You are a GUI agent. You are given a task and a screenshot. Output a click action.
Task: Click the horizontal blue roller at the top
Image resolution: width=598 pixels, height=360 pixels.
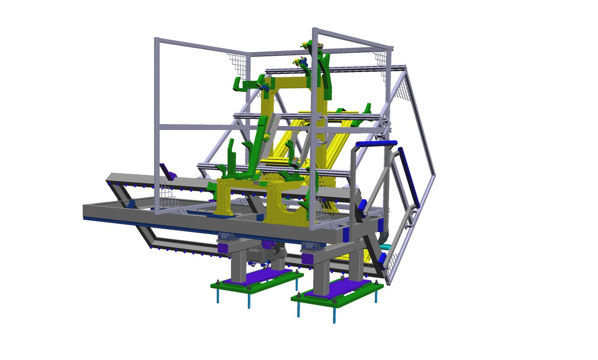click(376, 144)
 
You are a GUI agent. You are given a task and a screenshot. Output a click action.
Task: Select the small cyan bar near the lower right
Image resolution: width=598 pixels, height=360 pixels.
click(386, 247)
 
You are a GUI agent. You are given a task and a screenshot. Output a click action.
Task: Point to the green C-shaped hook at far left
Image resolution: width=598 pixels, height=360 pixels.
click(239, 84)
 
